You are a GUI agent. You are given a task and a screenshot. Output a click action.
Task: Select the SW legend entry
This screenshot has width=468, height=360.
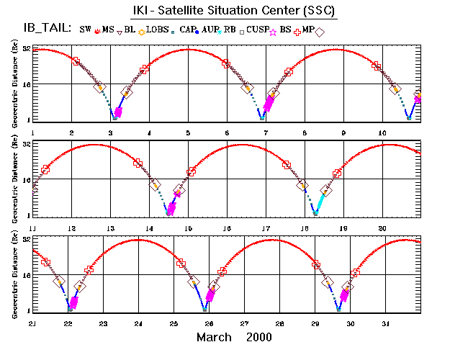pos(86,30)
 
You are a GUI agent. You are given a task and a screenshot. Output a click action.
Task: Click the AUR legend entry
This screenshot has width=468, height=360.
pos(208,30)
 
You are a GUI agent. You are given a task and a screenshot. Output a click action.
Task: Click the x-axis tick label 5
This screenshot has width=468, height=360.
pos(188,133)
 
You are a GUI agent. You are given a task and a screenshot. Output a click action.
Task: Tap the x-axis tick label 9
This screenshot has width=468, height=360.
pos(343,133)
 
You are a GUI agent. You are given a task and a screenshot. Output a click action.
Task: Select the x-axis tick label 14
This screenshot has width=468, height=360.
pos(149,228)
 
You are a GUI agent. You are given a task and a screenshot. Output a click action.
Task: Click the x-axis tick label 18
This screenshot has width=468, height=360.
pos(305,228)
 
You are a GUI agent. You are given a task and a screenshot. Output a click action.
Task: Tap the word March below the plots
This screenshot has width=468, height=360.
pos(215,337)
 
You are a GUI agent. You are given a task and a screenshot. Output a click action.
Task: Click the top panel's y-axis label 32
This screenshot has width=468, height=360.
pos(26,50)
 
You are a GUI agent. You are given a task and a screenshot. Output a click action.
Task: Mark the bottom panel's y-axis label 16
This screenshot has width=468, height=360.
pos(26,274)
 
